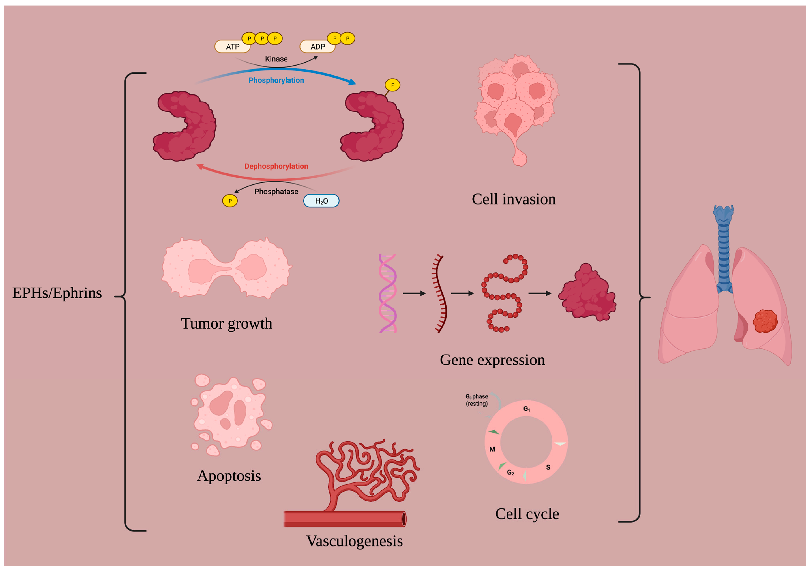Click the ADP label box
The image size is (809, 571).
tap(317, 47)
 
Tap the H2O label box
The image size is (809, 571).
tap(321, 201)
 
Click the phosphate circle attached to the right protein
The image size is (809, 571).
tap(392, 85)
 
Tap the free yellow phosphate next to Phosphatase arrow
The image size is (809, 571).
tap(230, 201)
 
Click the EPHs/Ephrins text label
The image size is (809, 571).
tap(57, 293)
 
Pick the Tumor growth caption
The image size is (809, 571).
tap(227, 323)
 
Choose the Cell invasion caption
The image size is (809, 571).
tap(513, 199)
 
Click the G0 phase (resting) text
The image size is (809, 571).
tap(477, 400)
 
